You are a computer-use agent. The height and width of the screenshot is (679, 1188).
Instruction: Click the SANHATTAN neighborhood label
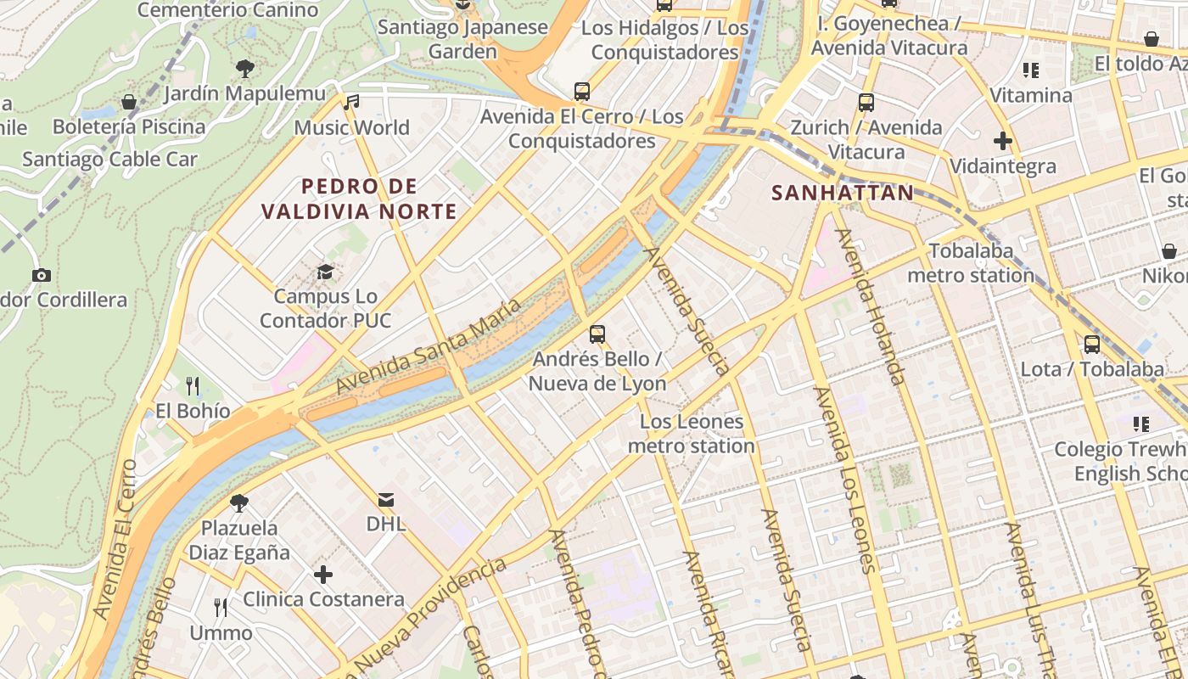[x=843, y=193]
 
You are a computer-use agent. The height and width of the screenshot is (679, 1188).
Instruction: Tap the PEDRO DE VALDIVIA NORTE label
[x=359, y=199]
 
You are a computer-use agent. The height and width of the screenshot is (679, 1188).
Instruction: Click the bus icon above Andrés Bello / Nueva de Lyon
[x=597, y=334]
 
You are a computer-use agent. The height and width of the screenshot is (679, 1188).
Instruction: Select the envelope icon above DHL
[x=386, y=499]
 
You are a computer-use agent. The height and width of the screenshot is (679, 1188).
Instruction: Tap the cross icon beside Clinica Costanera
[x=323, y=575]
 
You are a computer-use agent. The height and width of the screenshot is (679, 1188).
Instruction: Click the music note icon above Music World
[x=351, y=103]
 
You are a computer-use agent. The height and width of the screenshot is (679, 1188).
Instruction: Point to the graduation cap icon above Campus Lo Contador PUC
[x=325, y=272]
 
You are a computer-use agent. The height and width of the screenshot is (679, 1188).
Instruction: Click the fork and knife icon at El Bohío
[x=193, y=386]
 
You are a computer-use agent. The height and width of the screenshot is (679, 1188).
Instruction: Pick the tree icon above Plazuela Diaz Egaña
[x=239, y=502]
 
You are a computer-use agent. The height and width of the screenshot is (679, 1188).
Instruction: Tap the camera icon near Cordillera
[x=41, y=275]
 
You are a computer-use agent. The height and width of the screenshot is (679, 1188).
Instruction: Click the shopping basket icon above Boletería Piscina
[x=129, y=102]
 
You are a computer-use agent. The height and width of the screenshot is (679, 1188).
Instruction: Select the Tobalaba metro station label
[x=971, y=263]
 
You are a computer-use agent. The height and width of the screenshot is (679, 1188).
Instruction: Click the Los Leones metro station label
[x=691, y=434]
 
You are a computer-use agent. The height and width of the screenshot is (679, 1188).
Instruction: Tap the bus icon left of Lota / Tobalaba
[x=1092, y=345]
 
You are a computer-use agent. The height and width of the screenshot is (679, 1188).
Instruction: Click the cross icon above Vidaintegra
[x=1003, y=141]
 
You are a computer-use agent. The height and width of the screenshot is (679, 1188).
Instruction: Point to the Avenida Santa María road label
[x=427, y=347]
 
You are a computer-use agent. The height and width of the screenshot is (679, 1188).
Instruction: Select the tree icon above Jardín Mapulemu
[x=245, y=68]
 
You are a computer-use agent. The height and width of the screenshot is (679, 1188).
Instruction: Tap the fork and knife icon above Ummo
[x=221, y=607]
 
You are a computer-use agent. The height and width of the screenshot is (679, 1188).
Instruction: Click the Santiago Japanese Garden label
[x=462, y=39]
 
